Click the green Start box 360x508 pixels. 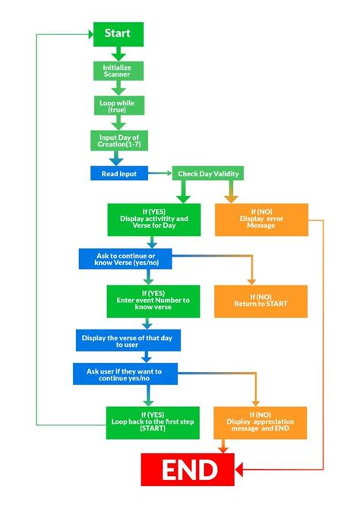tap(117, 34)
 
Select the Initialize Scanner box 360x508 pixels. tap(117, 71)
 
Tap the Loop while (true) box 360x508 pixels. tap(117, 106)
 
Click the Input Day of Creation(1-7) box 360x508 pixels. tap(117, 140)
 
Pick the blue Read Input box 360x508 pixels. tap(117, 174)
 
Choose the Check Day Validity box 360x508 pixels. tap(208, 174)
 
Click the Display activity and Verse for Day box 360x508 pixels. tap(153, 219)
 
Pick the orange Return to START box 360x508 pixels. tap(261, 301)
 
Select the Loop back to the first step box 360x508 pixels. tap(153, 421)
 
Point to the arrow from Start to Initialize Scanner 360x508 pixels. tap(117, 53)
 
